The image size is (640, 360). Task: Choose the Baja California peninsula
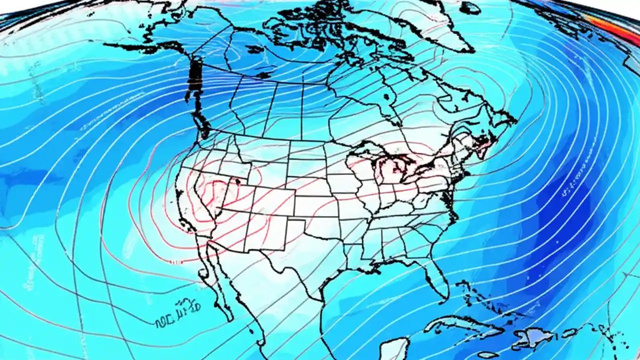(220, 285)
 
